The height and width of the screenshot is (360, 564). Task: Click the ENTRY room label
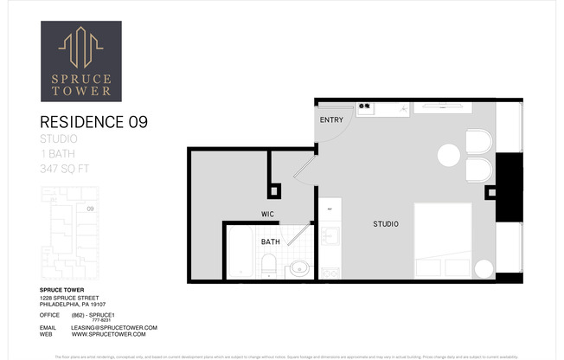tap(330, 119)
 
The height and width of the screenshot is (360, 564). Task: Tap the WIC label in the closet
tap(268, 213)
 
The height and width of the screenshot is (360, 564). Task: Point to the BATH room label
tap(270, 242)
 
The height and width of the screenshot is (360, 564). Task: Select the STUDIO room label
tap(386, 224)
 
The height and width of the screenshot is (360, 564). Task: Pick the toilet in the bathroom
tap(269, 265)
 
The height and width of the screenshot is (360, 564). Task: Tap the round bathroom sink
tap(298, 267)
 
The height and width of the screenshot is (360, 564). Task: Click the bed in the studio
tap(443, 239)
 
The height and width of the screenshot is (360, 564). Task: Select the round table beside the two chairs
tap(449, 156)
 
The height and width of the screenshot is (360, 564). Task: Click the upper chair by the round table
tap(478, 142)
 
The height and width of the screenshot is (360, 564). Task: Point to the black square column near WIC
tap(274, 191)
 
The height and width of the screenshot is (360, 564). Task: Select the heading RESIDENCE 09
tap(94, 122)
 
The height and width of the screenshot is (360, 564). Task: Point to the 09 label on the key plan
tap(89, 209)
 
